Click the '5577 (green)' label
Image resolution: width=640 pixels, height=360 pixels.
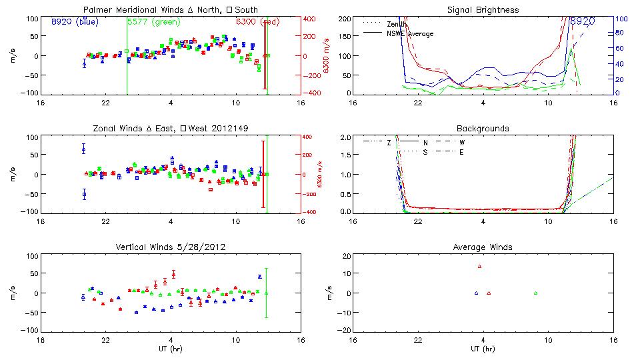153,21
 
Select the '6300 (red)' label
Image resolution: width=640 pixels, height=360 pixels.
257,21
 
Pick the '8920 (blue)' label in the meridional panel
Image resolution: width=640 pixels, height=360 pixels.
74,21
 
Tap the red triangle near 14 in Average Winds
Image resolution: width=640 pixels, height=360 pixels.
479,266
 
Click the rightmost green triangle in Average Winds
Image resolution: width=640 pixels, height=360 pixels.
535,293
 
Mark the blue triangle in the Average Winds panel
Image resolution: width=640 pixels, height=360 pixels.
476,293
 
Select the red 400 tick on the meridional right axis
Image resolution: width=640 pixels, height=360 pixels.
311,19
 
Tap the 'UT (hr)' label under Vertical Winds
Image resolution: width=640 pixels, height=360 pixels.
171,349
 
